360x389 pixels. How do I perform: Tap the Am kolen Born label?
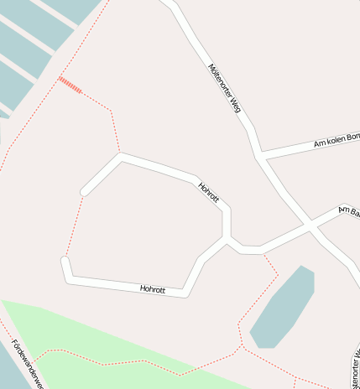tap(336, 140)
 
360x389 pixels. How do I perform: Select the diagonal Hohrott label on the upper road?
tap(209, 192)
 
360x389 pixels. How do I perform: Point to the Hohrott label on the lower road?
tap(153, 289)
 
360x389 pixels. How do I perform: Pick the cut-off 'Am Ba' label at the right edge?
tap(348, 210)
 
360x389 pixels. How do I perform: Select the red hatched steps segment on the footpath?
tap(70, 85)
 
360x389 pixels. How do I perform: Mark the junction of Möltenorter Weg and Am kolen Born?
tap(259, 156)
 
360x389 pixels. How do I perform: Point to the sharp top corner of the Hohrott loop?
tap(122, 155)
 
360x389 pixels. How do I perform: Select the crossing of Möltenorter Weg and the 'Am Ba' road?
tap(310, 226)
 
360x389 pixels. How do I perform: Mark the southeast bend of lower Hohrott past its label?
tap(185, 293)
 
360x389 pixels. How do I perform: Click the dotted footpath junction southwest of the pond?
tap(241, 345)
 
